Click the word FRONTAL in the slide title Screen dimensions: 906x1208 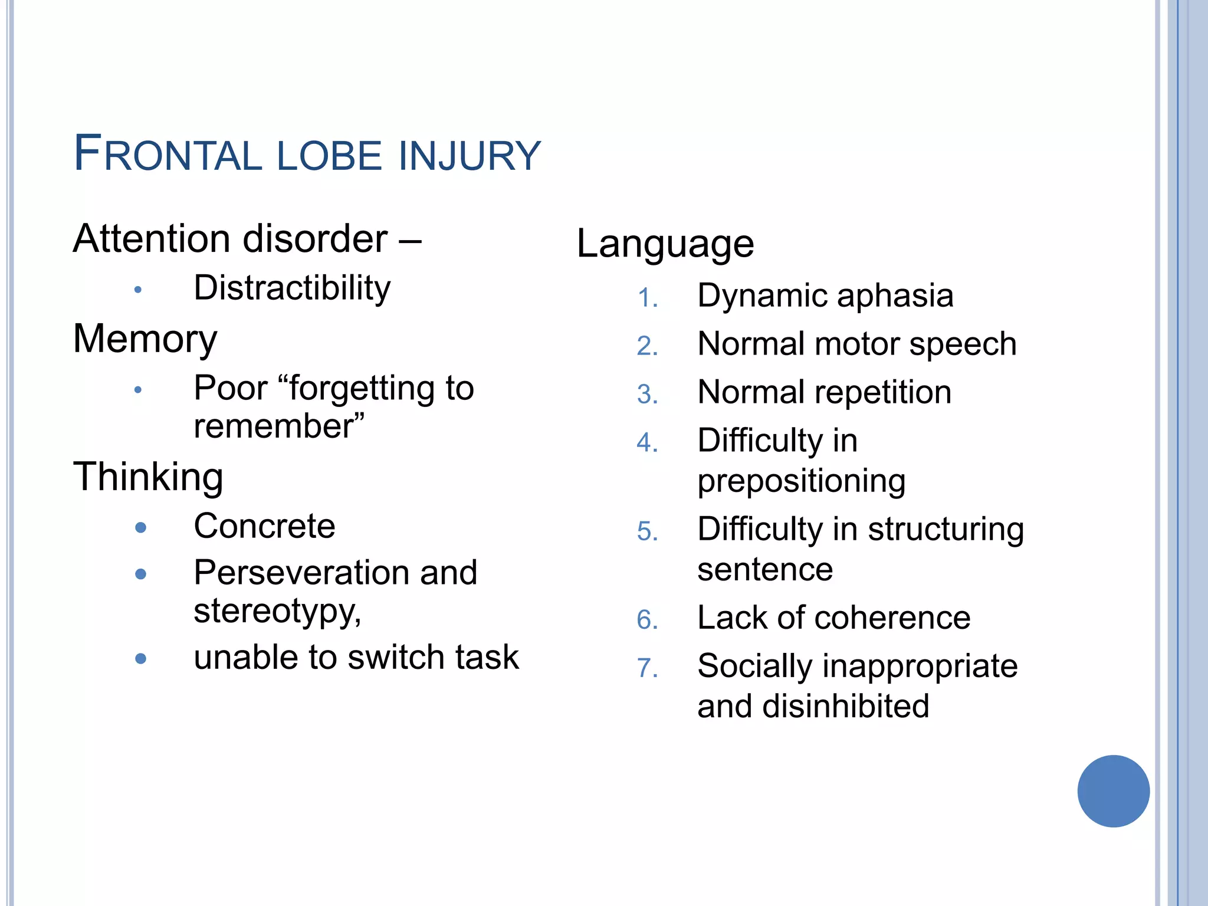coord(168,155)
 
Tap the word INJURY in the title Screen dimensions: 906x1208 coord(470,156)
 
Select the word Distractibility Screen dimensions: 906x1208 coord(292,288)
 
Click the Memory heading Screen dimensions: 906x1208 coord(145,339)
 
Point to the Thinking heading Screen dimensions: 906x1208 coord(148,477)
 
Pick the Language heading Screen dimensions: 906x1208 coord(665,244)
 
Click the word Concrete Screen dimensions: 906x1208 coord(264,526)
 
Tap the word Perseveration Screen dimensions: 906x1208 coord(300,573)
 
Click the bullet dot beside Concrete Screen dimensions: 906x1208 coord(140,527)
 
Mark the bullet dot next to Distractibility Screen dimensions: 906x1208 coord(138,290)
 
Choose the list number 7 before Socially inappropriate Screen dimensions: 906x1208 coord(646,668)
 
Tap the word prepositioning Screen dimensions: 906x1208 coord(801,481)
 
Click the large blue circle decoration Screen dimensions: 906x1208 coord(1113,791)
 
